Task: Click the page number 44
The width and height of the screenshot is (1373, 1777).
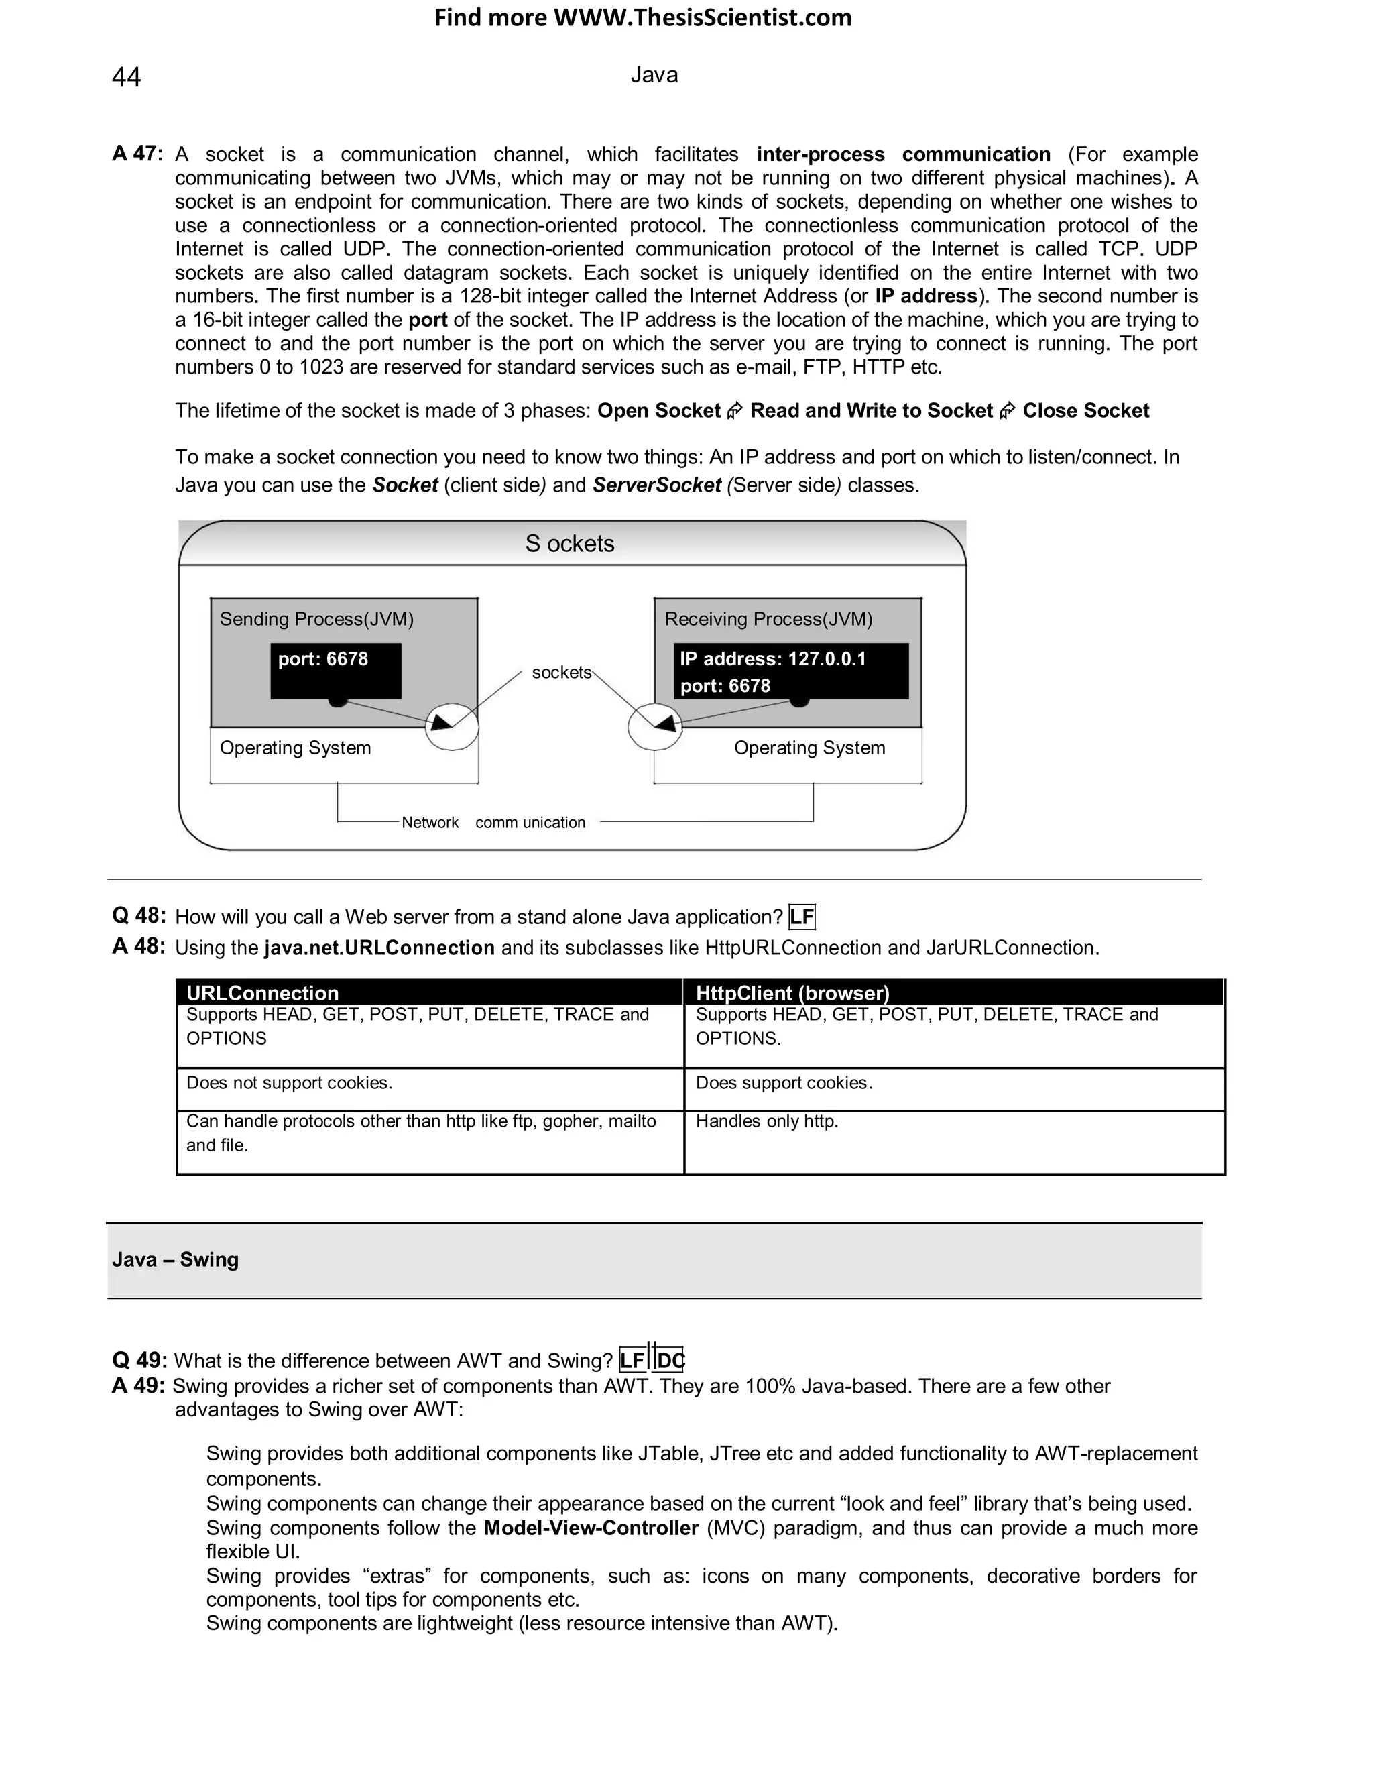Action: tap(126, 76)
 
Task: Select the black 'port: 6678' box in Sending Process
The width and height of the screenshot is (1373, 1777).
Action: tap(335, 671)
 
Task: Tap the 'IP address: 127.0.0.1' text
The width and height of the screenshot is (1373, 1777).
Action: tap(773, 659)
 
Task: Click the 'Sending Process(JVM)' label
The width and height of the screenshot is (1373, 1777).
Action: tap(316, 619)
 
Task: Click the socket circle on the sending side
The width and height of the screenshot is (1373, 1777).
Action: tap(451, 727)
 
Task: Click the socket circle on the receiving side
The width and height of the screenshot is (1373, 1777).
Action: tap(655, 727)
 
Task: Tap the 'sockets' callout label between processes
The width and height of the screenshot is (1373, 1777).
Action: tap(561, 672)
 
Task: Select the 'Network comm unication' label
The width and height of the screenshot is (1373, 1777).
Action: tap(493, 823)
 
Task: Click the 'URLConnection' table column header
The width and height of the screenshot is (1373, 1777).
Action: tap(262, 992)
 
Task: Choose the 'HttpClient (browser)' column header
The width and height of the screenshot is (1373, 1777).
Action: tap(792, 992)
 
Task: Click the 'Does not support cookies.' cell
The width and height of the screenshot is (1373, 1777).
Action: tap(289, 1083)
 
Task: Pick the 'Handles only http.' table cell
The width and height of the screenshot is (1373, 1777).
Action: tap(766, 1121)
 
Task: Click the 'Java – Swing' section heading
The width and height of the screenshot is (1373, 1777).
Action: tap(176, 1259)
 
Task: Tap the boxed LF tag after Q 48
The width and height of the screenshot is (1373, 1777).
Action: tap(801, 917)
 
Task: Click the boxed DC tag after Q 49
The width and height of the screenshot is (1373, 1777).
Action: tap(670, 1361)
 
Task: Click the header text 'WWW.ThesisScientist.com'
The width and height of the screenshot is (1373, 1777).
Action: tap(702, 18)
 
